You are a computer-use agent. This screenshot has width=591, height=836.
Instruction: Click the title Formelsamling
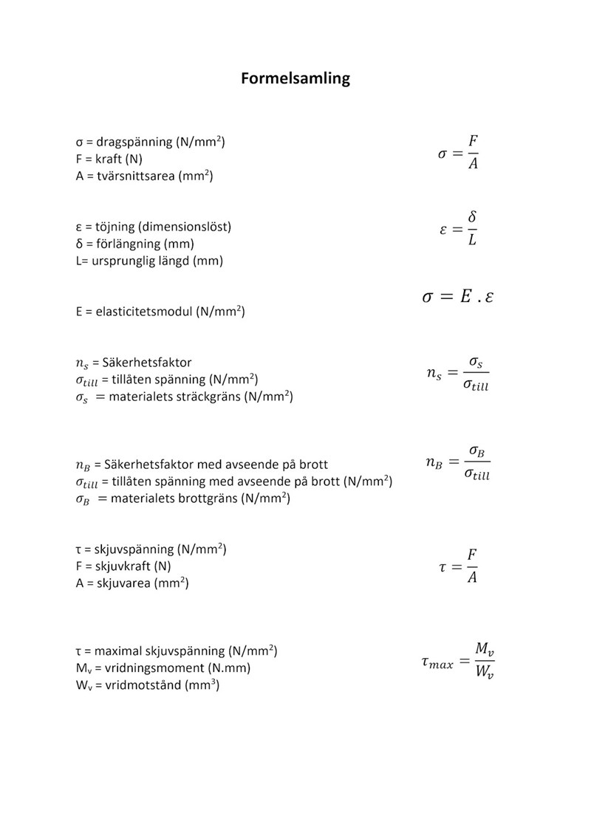coord(295,78)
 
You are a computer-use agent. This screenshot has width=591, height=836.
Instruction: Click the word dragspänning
coord(134,142)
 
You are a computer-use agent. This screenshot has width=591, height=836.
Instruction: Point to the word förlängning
coord(130,244)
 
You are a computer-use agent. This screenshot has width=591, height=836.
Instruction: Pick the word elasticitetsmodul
coord(144,312)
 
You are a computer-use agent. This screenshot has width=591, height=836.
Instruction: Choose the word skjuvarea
coord(123,584)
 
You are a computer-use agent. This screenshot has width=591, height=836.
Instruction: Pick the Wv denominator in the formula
coord(484,674)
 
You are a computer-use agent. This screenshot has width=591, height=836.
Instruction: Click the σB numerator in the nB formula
coord(476,451)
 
